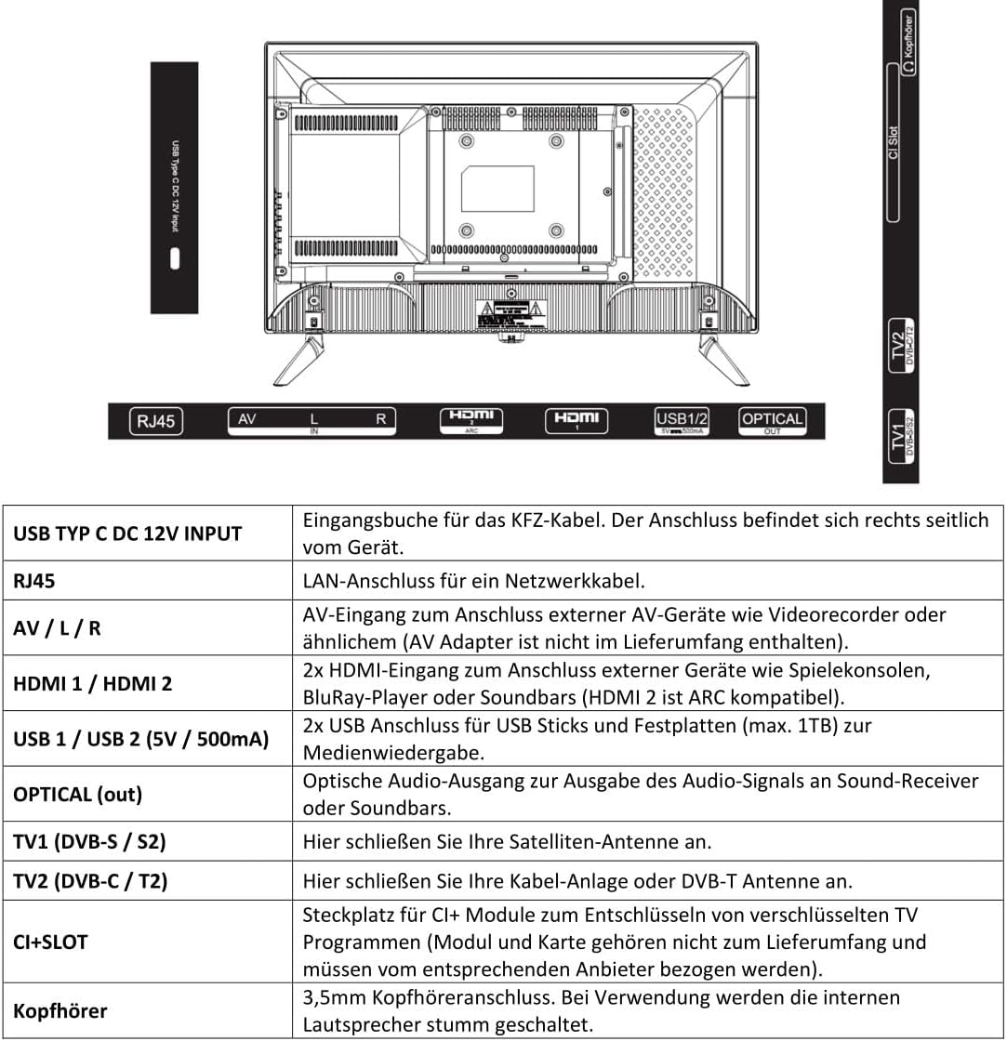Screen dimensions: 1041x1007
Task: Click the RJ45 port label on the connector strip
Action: point(156,422)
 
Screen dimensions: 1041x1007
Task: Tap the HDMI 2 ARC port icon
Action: point(471,420)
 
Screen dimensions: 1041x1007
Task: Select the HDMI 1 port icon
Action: point(576,420)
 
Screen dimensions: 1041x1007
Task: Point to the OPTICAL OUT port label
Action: point(772,420)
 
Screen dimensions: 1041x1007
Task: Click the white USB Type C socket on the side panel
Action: point(174,258)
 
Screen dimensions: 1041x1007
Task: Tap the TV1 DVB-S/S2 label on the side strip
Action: point(901,432)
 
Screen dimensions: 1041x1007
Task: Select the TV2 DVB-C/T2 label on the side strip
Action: point(901,346)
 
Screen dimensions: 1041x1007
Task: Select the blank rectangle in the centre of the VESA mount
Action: point(498,188)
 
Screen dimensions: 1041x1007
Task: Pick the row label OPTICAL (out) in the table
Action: point(77,795)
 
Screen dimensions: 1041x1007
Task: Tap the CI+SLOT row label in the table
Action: point(50,942)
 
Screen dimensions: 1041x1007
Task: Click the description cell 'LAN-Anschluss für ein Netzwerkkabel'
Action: point(473,581)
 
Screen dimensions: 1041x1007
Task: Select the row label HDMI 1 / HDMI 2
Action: point(92,683)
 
